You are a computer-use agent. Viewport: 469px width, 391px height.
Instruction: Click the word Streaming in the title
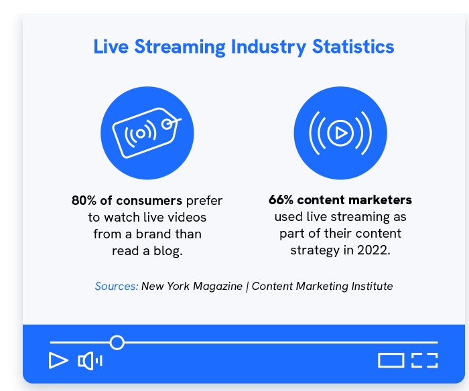(x=180, y=48)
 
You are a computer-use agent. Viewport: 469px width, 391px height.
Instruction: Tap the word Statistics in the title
(x=353, y=47)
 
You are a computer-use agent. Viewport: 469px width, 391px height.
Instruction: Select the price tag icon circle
(x=147, y=133)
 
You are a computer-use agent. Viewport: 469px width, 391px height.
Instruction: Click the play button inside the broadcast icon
(x=340, y=133)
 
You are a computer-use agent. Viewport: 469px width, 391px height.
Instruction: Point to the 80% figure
(x=84, y=201)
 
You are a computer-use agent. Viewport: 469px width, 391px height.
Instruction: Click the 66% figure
(x=281, y=200)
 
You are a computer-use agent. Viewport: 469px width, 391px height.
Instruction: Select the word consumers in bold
(x=149, y=201)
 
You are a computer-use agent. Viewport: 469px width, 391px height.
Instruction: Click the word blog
(x=167, y=251)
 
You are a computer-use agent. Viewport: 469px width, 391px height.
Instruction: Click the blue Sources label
(x=117, y=286)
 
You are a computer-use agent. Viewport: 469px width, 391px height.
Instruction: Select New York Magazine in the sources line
(x=192, y=286)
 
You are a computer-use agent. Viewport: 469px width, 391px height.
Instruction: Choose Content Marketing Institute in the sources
(x=322, y=286)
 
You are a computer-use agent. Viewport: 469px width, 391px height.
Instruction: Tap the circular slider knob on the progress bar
(x=117, y=343)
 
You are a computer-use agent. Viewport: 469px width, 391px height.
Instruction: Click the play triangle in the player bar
(x=58, y=360)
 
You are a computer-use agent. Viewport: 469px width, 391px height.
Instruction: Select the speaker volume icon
(x=90, y=361)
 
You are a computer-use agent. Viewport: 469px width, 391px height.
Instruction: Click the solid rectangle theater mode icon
(x=391, y=360)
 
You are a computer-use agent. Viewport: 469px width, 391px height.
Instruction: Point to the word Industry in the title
(x=269, y=48)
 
